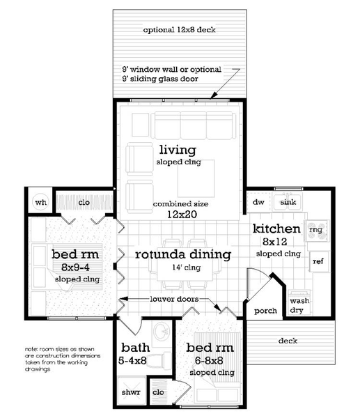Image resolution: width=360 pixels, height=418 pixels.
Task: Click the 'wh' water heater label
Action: [40, 202]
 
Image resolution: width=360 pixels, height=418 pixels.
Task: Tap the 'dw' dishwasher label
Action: [259, 202]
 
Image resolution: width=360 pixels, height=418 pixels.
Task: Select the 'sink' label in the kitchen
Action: [288, 202]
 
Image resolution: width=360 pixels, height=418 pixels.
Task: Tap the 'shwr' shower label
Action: [131, 392]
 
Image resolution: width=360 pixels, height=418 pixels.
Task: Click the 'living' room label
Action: [178, 150]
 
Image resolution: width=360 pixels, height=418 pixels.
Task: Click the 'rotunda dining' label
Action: [182, 254]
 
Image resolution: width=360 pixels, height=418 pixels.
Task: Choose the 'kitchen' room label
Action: [276, 229]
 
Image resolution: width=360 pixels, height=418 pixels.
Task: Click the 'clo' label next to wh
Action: [84, 202]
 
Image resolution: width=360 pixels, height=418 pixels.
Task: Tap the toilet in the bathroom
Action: [161, 352]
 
